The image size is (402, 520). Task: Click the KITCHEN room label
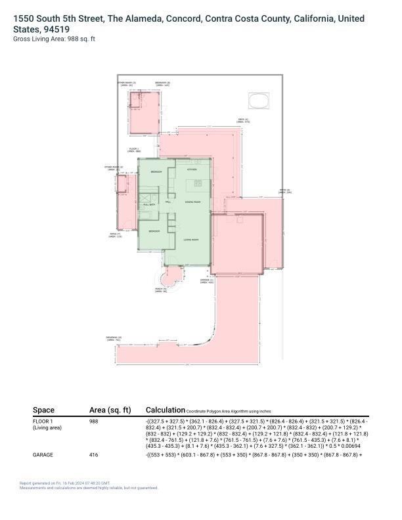pyautogui.click(x=192, y=169)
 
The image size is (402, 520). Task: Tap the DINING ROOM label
pyautogui.click(x=192, y=202)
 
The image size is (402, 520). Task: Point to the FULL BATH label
pyautogui.click(x=149, y=205)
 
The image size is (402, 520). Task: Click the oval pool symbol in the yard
pyautogui.click(x=258, y=102)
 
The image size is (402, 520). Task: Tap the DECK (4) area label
pyautogui.click(x=243, y=121)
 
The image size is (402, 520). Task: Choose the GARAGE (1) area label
pyautogui.click(x=208, y=280)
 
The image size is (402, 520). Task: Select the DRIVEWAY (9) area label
pyautogui.click(x=114, y=338)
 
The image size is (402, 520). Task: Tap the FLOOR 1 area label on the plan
pyautogui.click(x=134, y=150)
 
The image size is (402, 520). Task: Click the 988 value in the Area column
pyautogui.click(x=94, y=422)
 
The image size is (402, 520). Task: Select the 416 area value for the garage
pyautogui.click(x=94, y=454)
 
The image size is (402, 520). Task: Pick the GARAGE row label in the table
pyautogui.click(x=43, y=454)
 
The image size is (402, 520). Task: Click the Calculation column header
pyautogui.click(x=164, y=410)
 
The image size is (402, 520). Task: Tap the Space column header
pyautogui.click(x=44, y=410)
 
